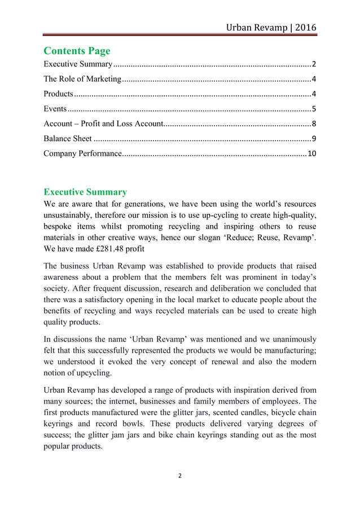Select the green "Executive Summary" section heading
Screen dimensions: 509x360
tap(85, 192)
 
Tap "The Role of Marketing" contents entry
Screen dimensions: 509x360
tap(82, 78)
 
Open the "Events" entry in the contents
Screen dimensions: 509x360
tap(55, 109)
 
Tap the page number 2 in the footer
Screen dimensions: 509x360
tap(180, 476)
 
